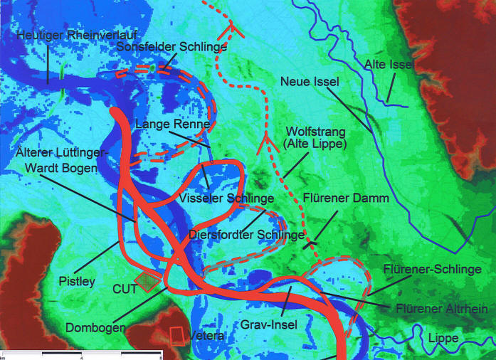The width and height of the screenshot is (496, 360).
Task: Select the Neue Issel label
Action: (x=310, y=82)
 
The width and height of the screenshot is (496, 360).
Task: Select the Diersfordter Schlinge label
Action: (x=248, y=234)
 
